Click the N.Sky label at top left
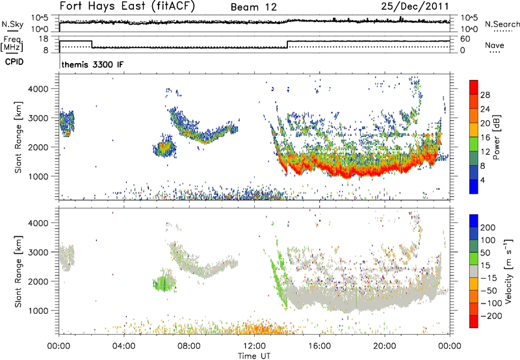(x=11, y=24)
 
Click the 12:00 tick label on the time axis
(x=254, y=346)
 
